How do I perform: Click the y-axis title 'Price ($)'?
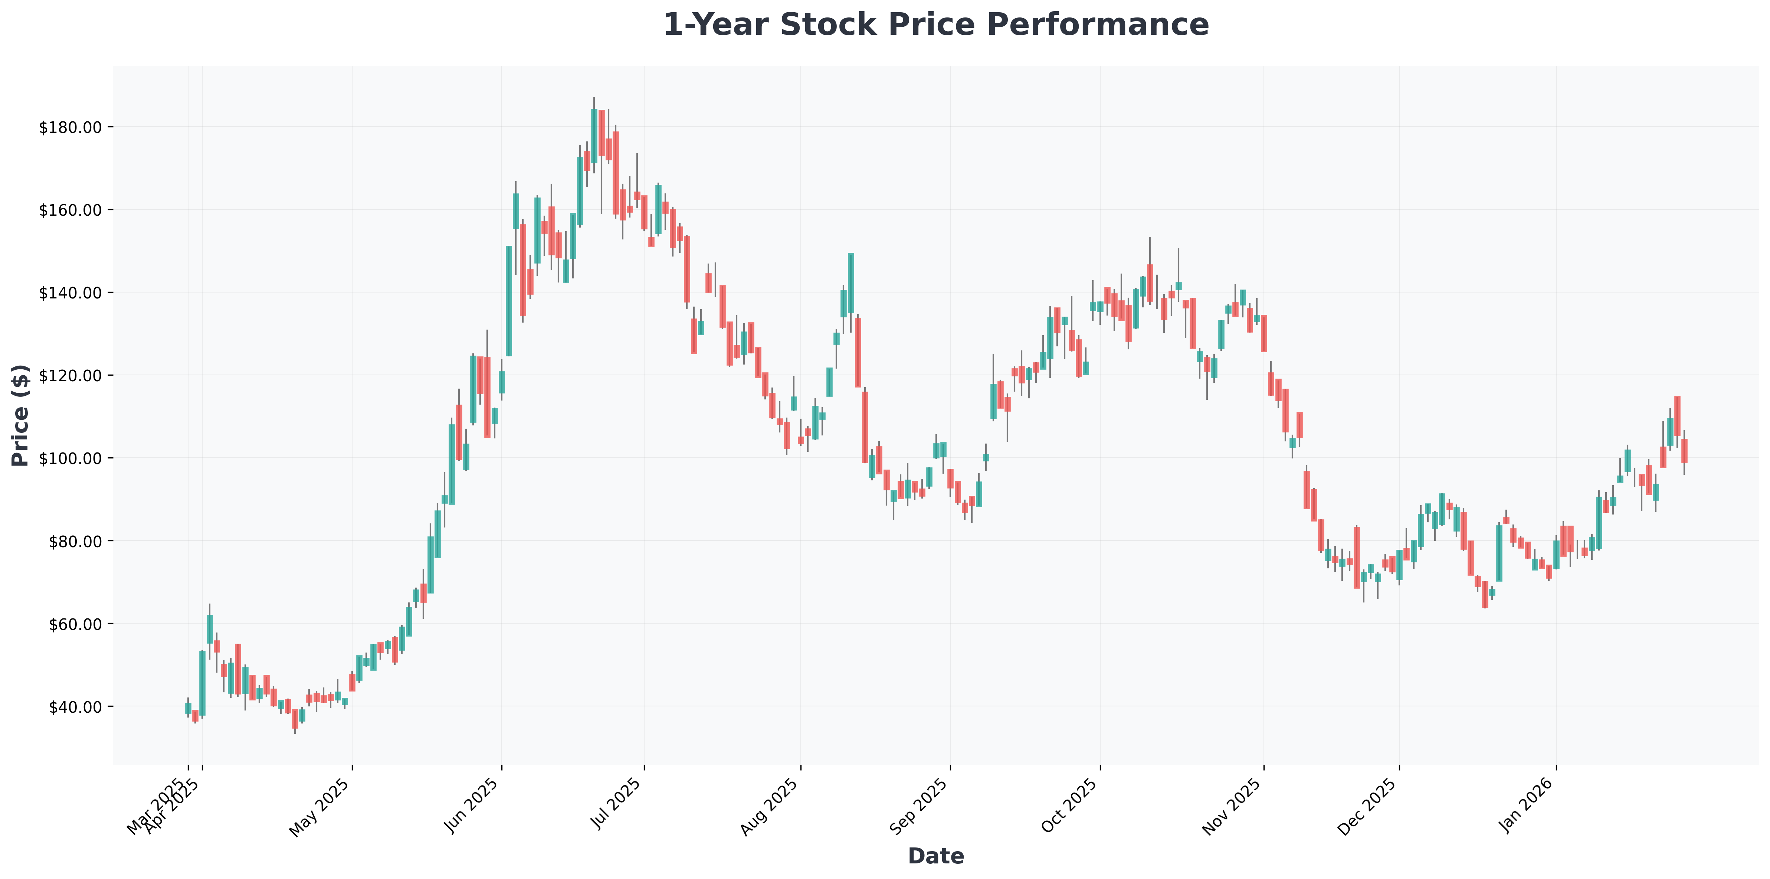[21, 415]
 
